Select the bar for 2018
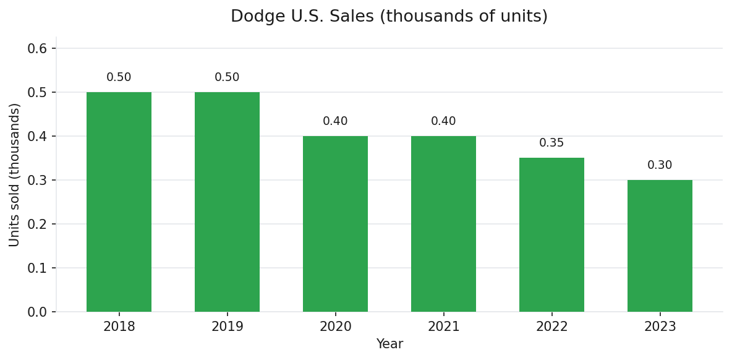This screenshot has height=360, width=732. click(x=119, y=202)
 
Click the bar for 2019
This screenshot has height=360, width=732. click(x=227, y=202)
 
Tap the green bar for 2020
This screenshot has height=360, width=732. click(x=335, y=224)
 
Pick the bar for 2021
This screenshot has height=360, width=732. click(x=443, y=224)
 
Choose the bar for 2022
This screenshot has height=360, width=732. click(x=551, y=235)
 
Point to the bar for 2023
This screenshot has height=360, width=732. click(x=660, y=246)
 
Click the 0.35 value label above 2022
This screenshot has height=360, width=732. click(x=551, y=143)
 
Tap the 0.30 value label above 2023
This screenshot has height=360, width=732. click(x=660, y=165)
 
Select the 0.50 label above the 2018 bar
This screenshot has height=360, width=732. click(x=119, y=77)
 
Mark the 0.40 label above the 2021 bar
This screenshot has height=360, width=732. click(x=443, y=121)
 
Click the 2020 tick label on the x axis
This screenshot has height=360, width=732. click(x=335, y=327)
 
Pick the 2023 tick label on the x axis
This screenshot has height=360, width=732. click(x=660, y=327)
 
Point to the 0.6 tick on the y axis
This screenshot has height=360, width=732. click(x=37, y=48)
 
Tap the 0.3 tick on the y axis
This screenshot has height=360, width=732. click(x=37, y=180)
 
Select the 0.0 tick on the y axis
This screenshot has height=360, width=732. click(x=37, y=312)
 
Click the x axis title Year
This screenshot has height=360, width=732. click(x=389, y=344)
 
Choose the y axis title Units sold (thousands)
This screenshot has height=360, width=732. click(x=15, y=174)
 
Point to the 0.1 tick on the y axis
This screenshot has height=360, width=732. click(x=37, y=268)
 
